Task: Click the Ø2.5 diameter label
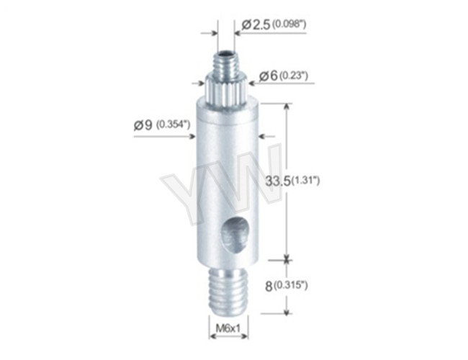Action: (x=256, y=25)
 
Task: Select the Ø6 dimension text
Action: (x=267, y=75)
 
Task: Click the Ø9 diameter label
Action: (x=143, y=124)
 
